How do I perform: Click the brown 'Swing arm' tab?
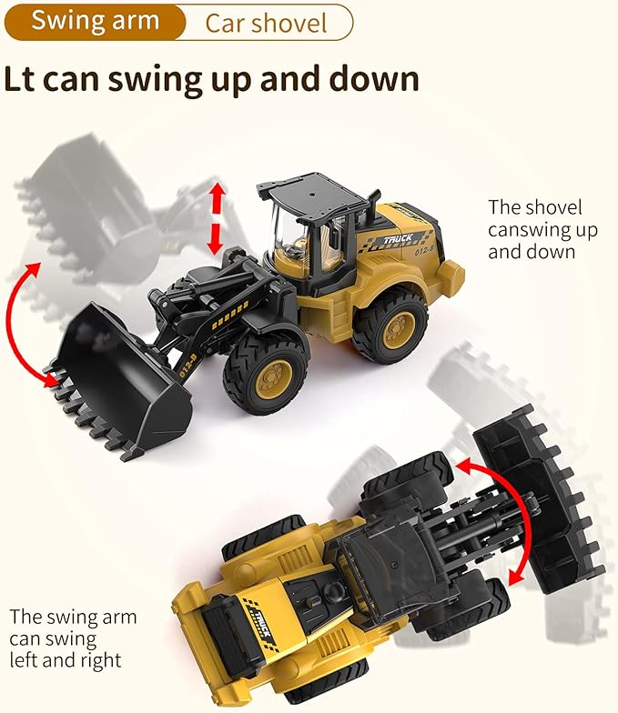point(95,22)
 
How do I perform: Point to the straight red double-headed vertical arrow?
point(217,218)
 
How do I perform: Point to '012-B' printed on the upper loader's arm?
point(187,366)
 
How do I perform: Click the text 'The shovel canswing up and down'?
point(542,229)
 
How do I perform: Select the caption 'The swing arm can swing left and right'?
point(73,638)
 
